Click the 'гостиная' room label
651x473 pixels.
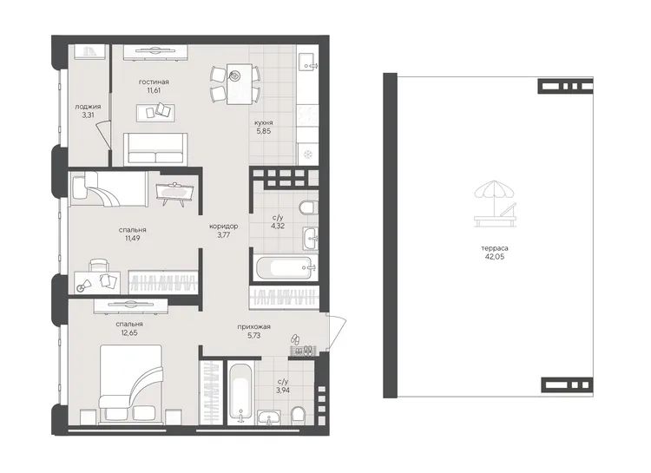(154, 82)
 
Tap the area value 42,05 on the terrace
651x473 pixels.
(495, 257)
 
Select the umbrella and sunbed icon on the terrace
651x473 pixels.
(495, 204)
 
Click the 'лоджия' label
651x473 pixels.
(88, 107)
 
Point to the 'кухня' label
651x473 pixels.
(264, 123)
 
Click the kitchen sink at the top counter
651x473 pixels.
(307, 62)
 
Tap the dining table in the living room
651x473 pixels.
(240, 84)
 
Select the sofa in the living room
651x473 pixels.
(155, 149)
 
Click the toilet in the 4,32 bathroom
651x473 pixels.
(308, 207)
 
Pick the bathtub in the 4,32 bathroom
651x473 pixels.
(284, 268)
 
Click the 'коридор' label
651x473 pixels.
(223, 227)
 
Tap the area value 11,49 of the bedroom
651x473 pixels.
(132, 239)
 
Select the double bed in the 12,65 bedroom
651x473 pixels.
(131, 384)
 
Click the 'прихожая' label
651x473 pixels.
(253, 327)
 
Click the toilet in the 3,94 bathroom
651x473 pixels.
(298, 416)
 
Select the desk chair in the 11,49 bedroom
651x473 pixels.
(99, 266)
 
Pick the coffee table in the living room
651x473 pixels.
(155, 113)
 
